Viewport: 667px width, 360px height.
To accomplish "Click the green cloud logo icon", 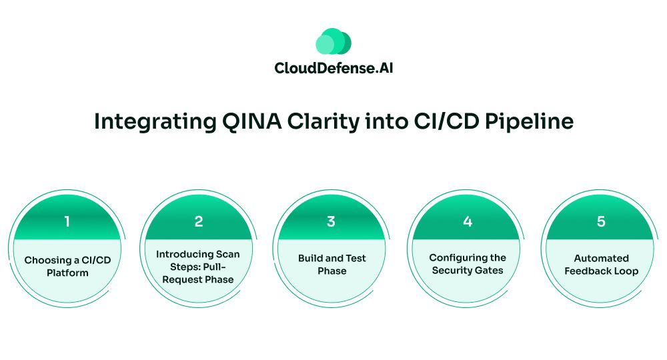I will pyautogui.click(x=333, y=42).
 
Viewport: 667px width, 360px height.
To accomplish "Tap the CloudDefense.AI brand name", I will pyautogui.click(x=333, y=68).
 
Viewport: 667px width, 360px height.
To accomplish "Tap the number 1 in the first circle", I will pyautogui.click(x=67, y=221).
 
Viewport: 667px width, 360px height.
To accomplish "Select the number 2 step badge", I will pyautogui.click(x=198, y=221).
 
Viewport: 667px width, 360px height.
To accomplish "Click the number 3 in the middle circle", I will pyautogui.click(x=331, y=221).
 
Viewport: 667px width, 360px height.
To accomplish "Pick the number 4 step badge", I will pyautogui.click(x=467, y=221).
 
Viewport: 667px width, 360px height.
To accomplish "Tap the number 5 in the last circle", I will pyautogui.click(x=601, y=221).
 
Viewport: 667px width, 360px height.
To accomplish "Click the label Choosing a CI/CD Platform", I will pyautogui.click(x=67, y=266).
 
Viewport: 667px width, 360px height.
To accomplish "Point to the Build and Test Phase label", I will pyautogui.click(x=331, y=264).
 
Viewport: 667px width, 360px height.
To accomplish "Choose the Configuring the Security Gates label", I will pyautogui.click(x=467, y=263).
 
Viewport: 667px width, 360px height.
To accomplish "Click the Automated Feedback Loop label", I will pyautogui.click(x=601, y=264).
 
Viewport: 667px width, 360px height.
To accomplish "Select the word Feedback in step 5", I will pyautogui.click(x=590, y=271).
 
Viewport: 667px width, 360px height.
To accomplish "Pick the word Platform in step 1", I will pyautogui.click(x=67, y=273).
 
